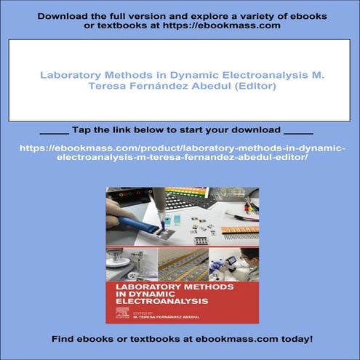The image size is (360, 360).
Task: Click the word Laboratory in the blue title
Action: pyautogui.click(x=68, y=75)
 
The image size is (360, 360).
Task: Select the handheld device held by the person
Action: pyautogui.click(x=231, y=260)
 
